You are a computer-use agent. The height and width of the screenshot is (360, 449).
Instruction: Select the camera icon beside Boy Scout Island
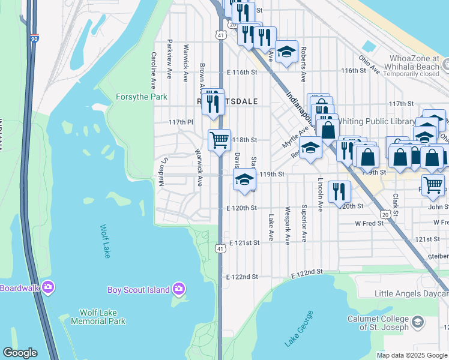[x=179, y=290]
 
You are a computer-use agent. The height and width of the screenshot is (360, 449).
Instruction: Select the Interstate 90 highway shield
[x=34, y=38]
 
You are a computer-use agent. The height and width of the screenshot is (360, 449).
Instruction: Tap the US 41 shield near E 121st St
[x=221, y=248]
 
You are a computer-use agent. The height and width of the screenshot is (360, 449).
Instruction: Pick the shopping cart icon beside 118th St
[x=219, y=140]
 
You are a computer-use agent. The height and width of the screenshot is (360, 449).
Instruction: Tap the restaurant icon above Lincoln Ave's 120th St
[x=340, y=191]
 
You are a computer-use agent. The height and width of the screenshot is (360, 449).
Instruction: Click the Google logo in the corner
[x=20, y=353]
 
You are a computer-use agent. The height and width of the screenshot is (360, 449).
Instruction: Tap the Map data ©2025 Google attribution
[x=412, y=355]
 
